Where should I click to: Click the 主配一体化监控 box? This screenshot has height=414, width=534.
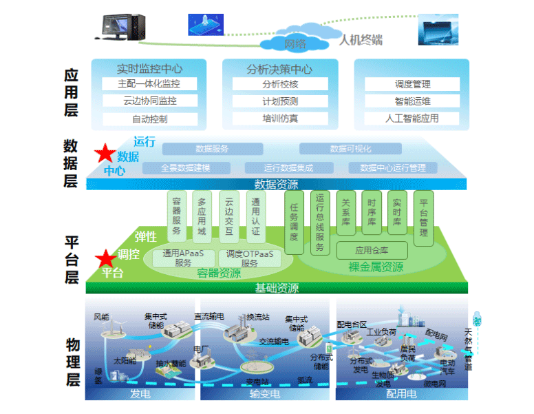pos(149,84)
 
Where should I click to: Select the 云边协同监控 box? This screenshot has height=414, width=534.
pos(149,101)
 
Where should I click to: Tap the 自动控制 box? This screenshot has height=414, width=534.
pos(149,118)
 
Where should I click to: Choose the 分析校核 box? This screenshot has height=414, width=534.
pos(280,84)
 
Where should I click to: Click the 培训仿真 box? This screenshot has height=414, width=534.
pos(280,118)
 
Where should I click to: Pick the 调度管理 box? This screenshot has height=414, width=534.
pos(412,84)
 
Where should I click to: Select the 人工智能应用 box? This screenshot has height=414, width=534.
pos(412,118)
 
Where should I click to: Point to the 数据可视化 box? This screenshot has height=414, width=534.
pos(350,149)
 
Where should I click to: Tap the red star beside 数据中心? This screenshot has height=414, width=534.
pos(105,153)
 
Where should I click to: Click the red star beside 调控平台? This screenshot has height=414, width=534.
pos(105,258)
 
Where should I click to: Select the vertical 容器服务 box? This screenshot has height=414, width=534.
pos(177,216)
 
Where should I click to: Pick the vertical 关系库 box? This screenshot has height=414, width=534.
pos(346,213)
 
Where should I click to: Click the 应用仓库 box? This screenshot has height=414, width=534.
pos(372,250)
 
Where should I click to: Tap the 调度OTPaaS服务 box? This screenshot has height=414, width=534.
pos(250,258)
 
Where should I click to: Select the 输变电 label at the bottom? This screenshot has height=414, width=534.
pos(264,395)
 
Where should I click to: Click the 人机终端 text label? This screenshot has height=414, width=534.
pos(361,40)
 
